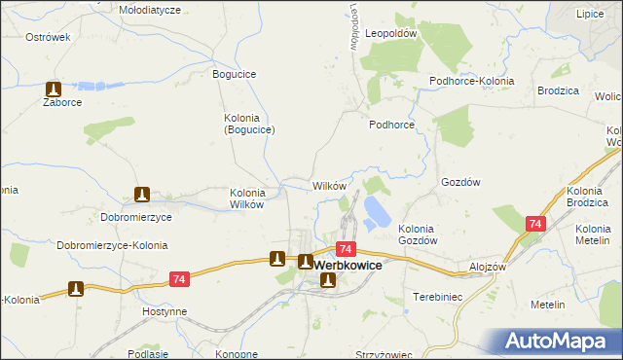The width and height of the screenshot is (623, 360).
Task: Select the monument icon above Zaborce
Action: coord(54,87)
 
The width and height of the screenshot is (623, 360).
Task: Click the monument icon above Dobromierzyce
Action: coord(142,195)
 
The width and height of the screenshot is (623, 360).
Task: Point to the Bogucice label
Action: coord(234,74)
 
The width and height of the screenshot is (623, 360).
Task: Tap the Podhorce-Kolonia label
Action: coord(472,81)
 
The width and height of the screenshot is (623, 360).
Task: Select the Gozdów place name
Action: coord(461,182)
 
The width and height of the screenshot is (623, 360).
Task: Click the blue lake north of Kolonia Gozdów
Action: coord(374,208)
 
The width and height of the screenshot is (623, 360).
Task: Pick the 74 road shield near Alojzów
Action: coord(534,224)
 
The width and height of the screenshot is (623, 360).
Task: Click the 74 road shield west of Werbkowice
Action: coord(177,279)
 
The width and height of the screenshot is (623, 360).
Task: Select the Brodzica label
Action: coord(558,90)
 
